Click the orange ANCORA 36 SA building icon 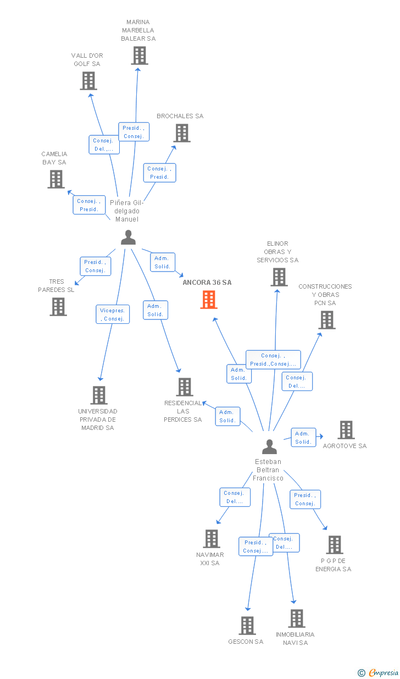pos(209,300)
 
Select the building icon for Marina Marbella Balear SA pos(140,56)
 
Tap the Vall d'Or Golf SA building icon pos(88,81)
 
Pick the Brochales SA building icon pos(182,133)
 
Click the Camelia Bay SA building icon pos(56,179)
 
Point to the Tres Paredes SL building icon pos(58,307)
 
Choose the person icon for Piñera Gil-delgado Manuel pos(128,238)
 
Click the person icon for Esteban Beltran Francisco pos(269,446)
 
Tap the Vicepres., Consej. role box pos(113,314)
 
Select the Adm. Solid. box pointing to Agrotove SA pos(303,438)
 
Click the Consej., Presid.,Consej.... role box pos(273,360)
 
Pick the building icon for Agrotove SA pos(346,430)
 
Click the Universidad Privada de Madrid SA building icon pos(99,395)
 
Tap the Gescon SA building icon pos(247,626)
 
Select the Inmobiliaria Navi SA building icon pos(297,619)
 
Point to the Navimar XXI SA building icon pos(212,539)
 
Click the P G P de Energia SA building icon pos(335,545)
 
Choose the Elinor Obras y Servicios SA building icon pos(279,277)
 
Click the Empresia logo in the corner pos(379,673)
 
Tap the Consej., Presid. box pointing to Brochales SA pos(160,173)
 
